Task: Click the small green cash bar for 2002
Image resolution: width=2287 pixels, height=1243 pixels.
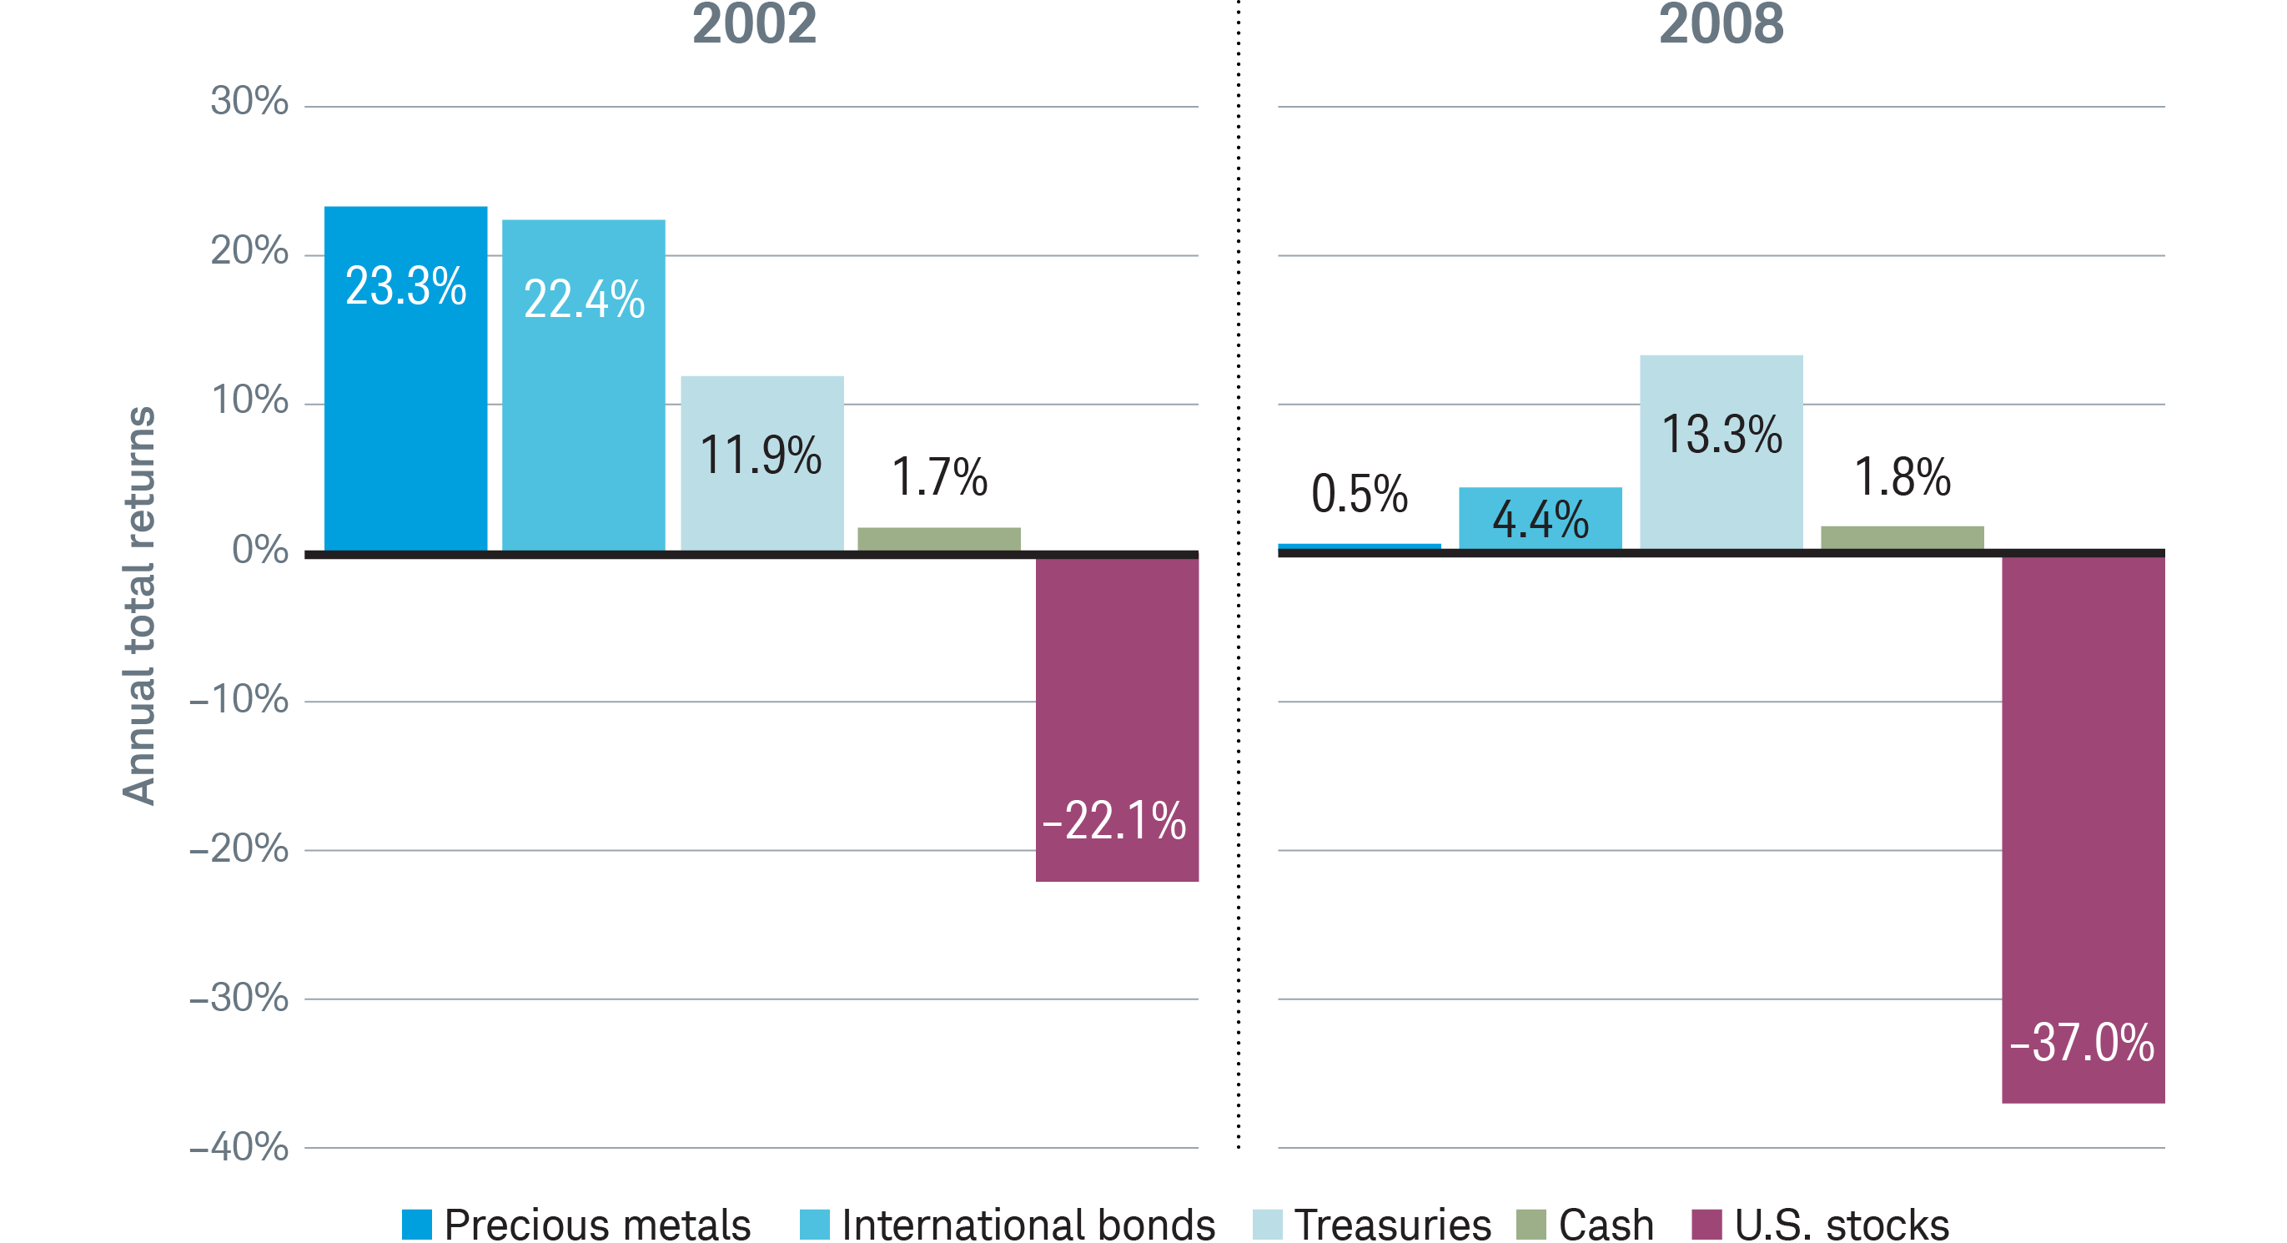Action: click(x=938, y=539)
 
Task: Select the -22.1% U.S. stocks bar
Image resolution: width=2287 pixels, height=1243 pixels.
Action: click(x=1117, y=719)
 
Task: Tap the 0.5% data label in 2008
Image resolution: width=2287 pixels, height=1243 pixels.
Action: click(x=1360, y=494)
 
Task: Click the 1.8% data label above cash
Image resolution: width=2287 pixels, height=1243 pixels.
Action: click(x=1902, y=477)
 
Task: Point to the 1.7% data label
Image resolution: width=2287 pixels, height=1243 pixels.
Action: click(x=939, y=477)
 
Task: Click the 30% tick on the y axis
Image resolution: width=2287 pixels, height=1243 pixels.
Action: click(x=249, y=101)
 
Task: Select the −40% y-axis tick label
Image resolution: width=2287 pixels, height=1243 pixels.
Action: click(x=239, y=1147)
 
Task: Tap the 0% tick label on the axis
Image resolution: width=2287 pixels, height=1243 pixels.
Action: click(x=259, y=551)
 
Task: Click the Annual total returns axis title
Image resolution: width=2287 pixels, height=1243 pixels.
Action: click(x=139, y=606)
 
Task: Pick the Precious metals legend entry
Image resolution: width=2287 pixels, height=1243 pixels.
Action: click(x=577, y=1225)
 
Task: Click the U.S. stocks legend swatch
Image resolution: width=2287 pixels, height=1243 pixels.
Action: click(x=1706, y=1225)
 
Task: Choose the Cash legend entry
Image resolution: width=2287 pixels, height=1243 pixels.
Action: click(x=1586, y=1225)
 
